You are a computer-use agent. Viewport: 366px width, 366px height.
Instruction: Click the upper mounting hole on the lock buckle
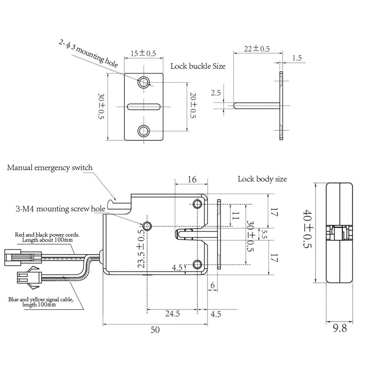tap(143, 82)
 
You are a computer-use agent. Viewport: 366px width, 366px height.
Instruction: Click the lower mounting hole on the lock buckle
tap(143, 130)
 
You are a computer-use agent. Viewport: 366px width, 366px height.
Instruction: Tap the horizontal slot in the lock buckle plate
tap(144, 107)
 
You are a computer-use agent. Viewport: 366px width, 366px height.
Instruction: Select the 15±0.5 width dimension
tap(143, 53)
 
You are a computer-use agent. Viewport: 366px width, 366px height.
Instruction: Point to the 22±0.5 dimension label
tap(257, 49)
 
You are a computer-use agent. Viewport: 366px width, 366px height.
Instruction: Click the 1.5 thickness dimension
tap(297, 58)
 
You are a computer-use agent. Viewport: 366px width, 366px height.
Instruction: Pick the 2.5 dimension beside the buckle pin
tap(216, 93)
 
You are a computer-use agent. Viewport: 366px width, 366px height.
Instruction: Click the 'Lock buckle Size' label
tap(198, 66)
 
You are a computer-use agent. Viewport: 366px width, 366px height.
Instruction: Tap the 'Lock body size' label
tap(262, 179)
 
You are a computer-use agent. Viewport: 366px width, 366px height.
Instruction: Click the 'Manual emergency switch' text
tap(50, 168)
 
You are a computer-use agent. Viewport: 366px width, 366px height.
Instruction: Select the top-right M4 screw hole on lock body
tap(199, 203)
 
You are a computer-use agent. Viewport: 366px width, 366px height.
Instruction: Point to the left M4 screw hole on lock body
tap(148, 226)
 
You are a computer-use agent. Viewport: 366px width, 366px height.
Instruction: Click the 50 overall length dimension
tap(155, 330)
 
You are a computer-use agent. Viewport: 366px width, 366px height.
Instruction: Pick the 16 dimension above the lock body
tap(192, 179)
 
